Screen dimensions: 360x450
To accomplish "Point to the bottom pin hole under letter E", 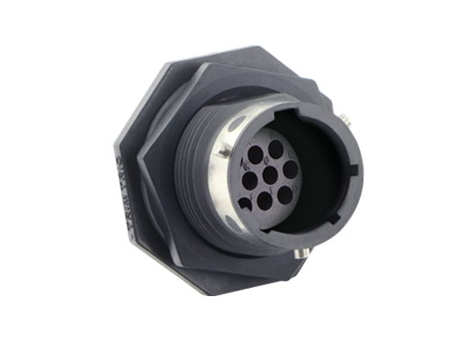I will point(265,201).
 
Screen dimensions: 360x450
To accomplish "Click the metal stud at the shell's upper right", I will point(346,120).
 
